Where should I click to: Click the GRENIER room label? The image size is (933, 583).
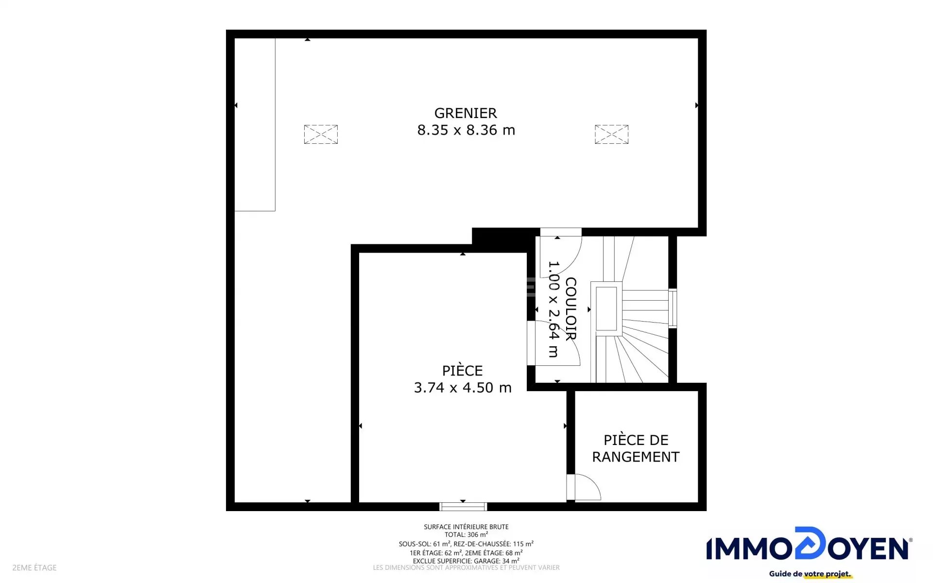coord(466,113)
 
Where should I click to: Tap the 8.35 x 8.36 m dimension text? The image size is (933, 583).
coord(466,130)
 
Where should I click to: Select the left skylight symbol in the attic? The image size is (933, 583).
coord(321,134)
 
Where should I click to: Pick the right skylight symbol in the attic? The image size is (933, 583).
coord(611,134)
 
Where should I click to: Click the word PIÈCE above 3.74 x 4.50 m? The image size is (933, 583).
coord(462,370)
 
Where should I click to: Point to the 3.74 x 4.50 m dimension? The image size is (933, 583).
coord(463,388)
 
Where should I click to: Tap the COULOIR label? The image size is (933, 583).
coord(570,309)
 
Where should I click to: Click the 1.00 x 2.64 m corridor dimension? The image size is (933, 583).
coord(553,309)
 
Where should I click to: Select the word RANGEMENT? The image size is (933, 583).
coord(636,457)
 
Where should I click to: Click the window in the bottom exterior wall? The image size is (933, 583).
coord(463,507)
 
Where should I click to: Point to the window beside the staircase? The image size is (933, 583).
coord(673,308)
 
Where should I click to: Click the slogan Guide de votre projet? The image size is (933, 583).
coord(810,574)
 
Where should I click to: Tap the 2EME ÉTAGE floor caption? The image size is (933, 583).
coord(35,567)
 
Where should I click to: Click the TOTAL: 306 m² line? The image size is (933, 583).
coord(466,535)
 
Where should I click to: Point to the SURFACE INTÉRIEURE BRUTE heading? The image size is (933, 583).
coord(466,527)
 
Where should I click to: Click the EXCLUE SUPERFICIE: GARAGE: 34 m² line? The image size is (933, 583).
coord(466,561)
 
